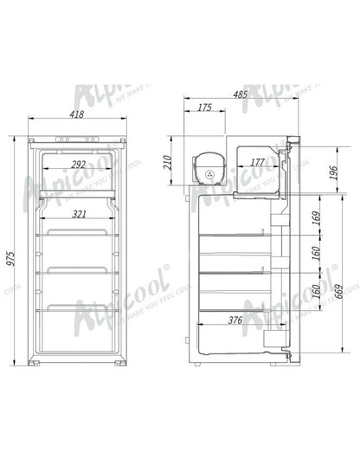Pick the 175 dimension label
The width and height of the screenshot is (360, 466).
coord(205,108)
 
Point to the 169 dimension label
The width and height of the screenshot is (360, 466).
coord(317,214)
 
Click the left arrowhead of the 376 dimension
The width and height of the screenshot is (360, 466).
coord(201,326)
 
